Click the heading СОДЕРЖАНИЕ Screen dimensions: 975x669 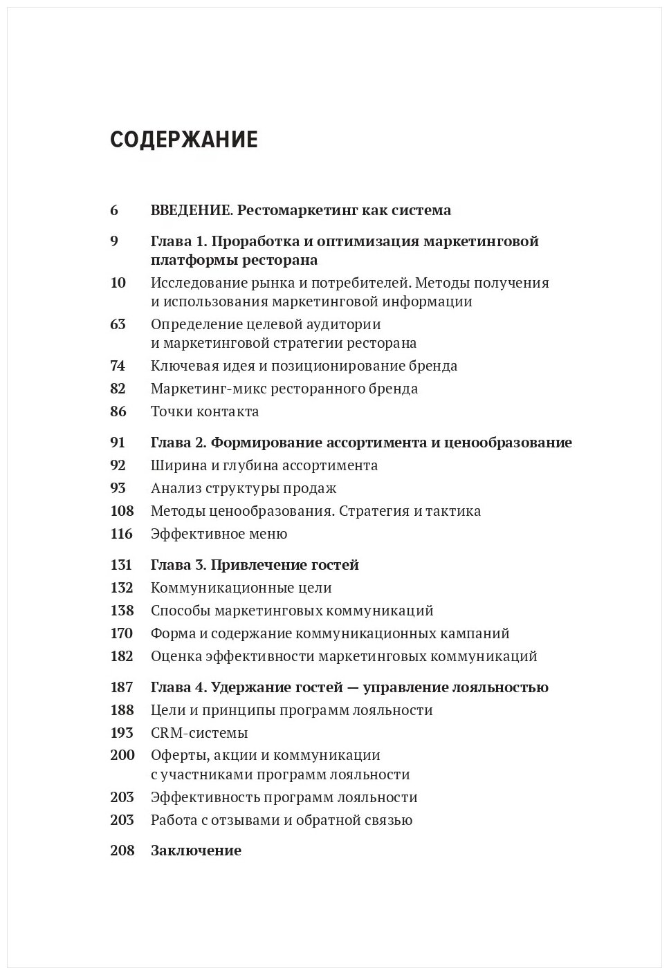click(183, 140)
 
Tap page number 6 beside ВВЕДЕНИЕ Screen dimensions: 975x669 click(114, 210)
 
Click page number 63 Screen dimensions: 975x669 click(118, 324)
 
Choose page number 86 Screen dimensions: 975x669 click(118, 411)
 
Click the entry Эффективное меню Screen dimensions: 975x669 click(219, 534)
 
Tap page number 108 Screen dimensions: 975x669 click(121, 511)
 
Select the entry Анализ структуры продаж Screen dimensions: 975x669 click(244, 488)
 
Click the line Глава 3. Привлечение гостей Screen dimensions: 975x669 click(255, 565)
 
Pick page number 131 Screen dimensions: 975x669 click(121, 565)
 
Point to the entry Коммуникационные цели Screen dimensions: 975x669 click(241, 588)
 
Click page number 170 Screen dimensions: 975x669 click(121, 633)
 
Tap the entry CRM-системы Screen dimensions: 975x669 click(199, 733)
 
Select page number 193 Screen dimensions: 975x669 click(121, 733)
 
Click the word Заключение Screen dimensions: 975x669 click(196, 851)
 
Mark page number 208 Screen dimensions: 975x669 click(122, 851)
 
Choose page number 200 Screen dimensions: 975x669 click(122, 755)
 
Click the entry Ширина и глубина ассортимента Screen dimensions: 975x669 click(264, 465)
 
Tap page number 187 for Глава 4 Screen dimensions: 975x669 click(121, 687)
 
